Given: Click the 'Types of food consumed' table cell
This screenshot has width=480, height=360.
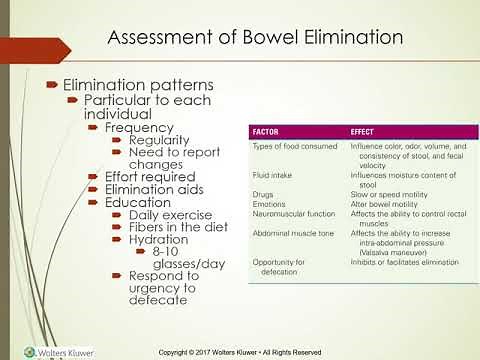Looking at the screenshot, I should (x=291, y=146).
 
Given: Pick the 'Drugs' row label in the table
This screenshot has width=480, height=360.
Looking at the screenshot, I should (x=263, y=193).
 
